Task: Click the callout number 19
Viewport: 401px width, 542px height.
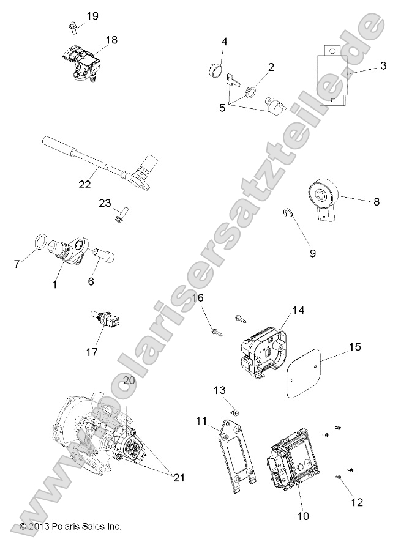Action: [92, 16]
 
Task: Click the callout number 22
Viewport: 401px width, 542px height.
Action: [85, 182]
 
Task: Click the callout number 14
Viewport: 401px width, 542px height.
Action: [298, 310]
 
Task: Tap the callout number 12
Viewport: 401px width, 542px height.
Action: [357, 502]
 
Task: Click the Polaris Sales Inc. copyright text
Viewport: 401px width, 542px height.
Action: [70, 525]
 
